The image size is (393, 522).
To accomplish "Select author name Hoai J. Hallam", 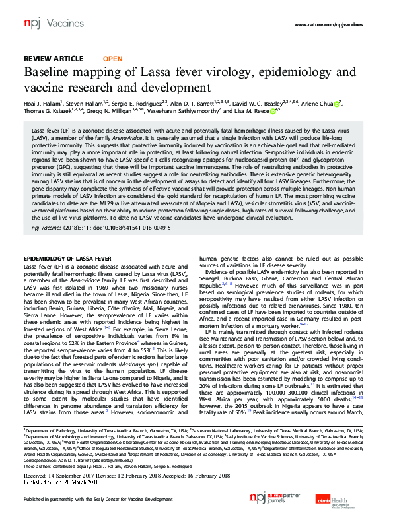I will click(x=42, y=104).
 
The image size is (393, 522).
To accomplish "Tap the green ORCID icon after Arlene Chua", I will click(x=338, y=104).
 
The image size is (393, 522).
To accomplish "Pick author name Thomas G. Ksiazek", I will click(x=52, y=112).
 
